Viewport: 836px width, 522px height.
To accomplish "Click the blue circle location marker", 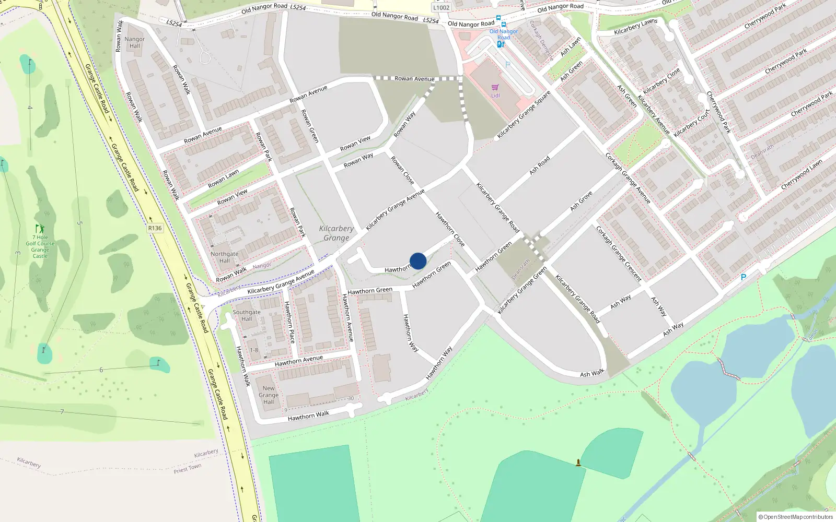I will click(418, 261).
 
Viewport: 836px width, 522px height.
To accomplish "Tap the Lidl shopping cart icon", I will click(495, 88).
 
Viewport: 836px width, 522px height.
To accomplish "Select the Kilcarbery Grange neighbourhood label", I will click(336, 233).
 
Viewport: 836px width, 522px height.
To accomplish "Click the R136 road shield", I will click(155, 228).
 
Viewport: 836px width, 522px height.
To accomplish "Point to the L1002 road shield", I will click(441, 7).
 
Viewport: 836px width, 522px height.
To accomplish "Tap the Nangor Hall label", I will click(134, 42).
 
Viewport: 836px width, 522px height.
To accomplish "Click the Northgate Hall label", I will click(224, 257).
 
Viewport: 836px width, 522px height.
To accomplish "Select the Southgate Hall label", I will click(247, 315).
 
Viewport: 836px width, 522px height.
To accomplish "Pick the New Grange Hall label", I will click(269, 395).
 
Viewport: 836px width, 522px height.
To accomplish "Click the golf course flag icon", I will click(40, 229).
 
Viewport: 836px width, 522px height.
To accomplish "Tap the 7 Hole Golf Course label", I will click(40, 246).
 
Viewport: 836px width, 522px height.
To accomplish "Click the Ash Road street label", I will click(540, 165).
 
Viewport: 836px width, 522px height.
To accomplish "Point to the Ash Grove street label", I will click(581, 201).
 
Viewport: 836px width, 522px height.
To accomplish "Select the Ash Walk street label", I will click(592, 373).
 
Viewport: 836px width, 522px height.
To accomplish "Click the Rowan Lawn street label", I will click(223, 179).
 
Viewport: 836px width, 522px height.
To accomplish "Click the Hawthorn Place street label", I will click(289, 322).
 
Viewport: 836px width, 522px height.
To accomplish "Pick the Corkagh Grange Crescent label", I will click(619, 254).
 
